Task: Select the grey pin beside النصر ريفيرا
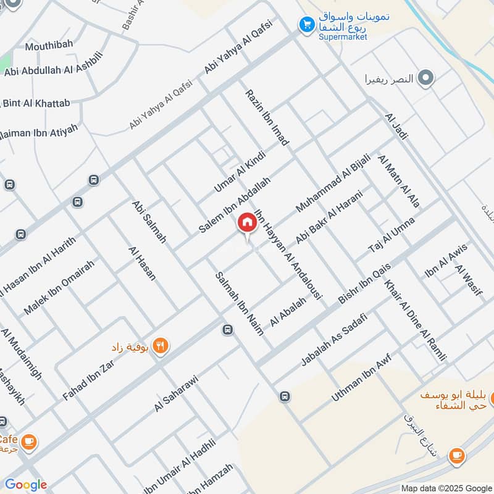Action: (x=425, y=78)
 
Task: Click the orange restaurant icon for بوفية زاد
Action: (x=160, y=346)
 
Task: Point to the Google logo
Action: (x=26, y=485)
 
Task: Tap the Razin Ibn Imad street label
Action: (x=267, y=117)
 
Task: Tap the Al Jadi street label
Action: (x=396, y=126)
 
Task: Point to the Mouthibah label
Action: (x=49, y=44)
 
